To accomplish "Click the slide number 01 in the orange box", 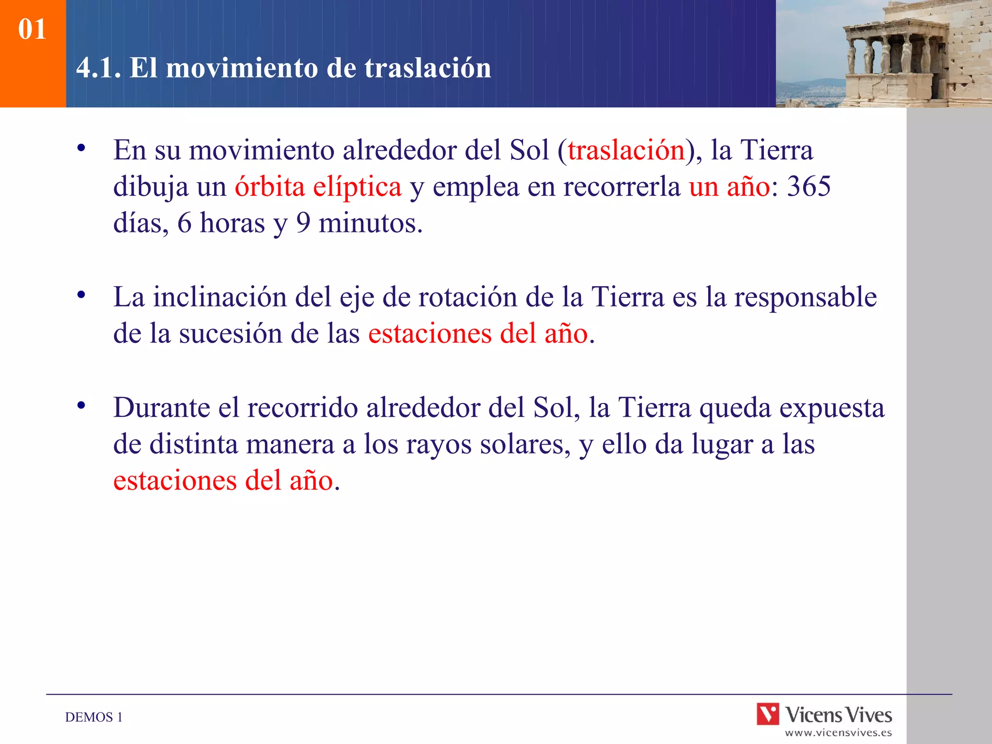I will [x=32, y=29].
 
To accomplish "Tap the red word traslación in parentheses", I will [x=626, y=150].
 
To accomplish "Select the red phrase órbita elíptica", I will [x=318, y=187].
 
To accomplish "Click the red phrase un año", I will [x=729, y=187].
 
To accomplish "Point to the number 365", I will [x=808, y=186].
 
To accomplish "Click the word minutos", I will [x=371, y=223].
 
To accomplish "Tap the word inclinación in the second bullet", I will [x=220, y=297].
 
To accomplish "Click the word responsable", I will [x=805, y=297].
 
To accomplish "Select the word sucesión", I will [x=231, y=334].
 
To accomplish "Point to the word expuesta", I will [x=832, y=408].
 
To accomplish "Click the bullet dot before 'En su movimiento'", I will [x=81, y=148].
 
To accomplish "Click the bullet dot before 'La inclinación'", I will [x=81, y=294].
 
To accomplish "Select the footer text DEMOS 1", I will [x=93, y=717].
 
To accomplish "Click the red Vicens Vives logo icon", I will [x=768, y=714].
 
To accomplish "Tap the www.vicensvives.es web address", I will [x=838, y=733].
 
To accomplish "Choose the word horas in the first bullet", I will [x=232, y=223].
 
